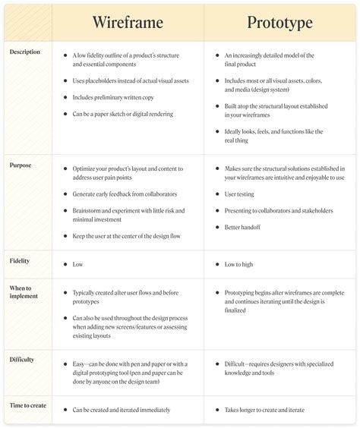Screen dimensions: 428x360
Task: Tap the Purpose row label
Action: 21,165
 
